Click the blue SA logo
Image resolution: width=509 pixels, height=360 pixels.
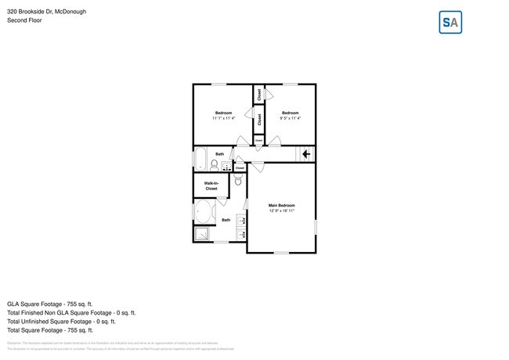(450, 22)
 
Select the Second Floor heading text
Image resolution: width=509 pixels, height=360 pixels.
(24, 20)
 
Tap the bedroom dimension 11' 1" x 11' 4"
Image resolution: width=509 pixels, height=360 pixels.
(223, 119)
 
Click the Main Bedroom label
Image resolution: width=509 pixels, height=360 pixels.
(282, 205)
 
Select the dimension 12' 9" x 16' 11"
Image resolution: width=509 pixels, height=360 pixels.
(282, 211)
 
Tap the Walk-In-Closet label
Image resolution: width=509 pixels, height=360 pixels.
(211, 186)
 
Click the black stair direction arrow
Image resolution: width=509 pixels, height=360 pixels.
(306, 155)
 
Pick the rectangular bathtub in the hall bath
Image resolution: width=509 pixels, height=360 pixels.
(200, 159)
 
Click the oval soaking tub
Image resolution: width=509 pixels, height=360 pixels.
(205, 212)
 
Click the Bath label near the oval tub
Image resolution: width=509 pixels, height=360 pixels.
(226, 220)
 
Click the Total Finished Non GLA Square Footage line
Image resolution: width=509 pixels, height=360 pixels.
(70, 312)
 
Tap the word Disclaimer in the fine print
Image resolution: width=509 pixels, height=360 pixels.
(14, 343)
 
